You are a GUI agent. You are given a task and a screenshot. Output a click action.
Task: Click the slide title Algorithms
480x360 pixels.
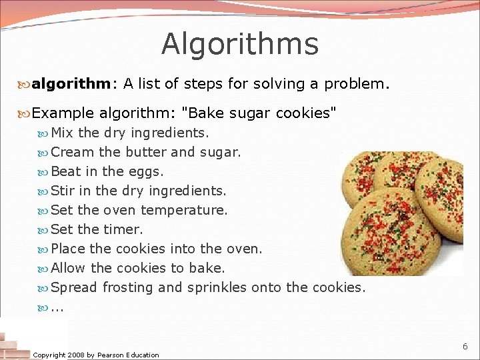point(240,44)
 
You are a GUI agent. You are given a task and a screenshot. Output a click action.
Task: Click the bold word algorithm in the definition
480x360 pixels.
point(72,84)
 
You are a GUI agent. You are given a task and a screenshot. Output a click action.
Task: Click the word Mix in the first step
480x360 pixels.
point(63,133)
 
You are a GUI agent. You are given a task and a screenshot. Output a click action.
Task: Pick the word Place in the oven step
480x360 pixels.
point(68,249)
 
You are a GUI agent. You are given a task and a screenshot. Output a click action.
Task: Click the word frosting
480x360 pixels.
point(127,287)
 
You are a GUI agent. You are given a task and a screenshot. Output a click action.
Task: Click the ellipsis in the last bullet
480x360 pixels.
point(57,308)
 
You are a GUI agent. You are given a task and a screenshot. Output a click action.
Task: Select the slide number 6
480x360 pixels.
point(465,347)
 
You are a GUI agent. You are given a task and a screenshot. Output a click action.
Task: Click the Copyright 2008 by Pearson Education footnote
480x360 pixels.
point(96,355)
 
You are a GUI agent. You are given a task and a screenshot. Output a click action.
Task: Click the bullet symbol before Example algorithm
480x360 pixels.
point(25,113)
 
